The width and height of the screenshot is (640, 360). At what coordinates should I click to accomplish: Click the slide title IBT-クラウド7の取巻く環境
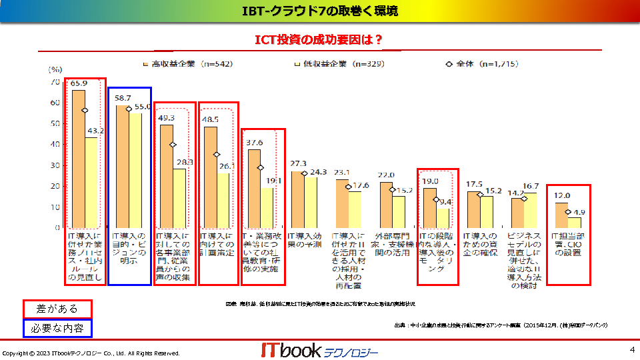click(x=319, y=11)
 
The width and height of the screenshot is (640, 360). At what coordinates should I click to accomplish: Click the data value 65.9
click(x=79, y=83)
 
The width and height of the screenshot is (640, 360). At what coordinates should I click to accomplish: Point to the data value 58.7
click(x=123, y=98)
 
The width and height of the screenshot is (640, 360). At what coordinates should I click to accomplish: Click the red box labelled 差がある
click(x=57, y=309)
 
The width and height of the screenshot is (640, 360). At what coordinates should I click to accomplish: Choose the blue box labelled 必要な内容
click(x=57, y=328)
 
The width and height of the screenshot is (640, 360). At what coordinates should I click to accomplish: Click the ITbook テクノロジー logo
click(x=319, y=351)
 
